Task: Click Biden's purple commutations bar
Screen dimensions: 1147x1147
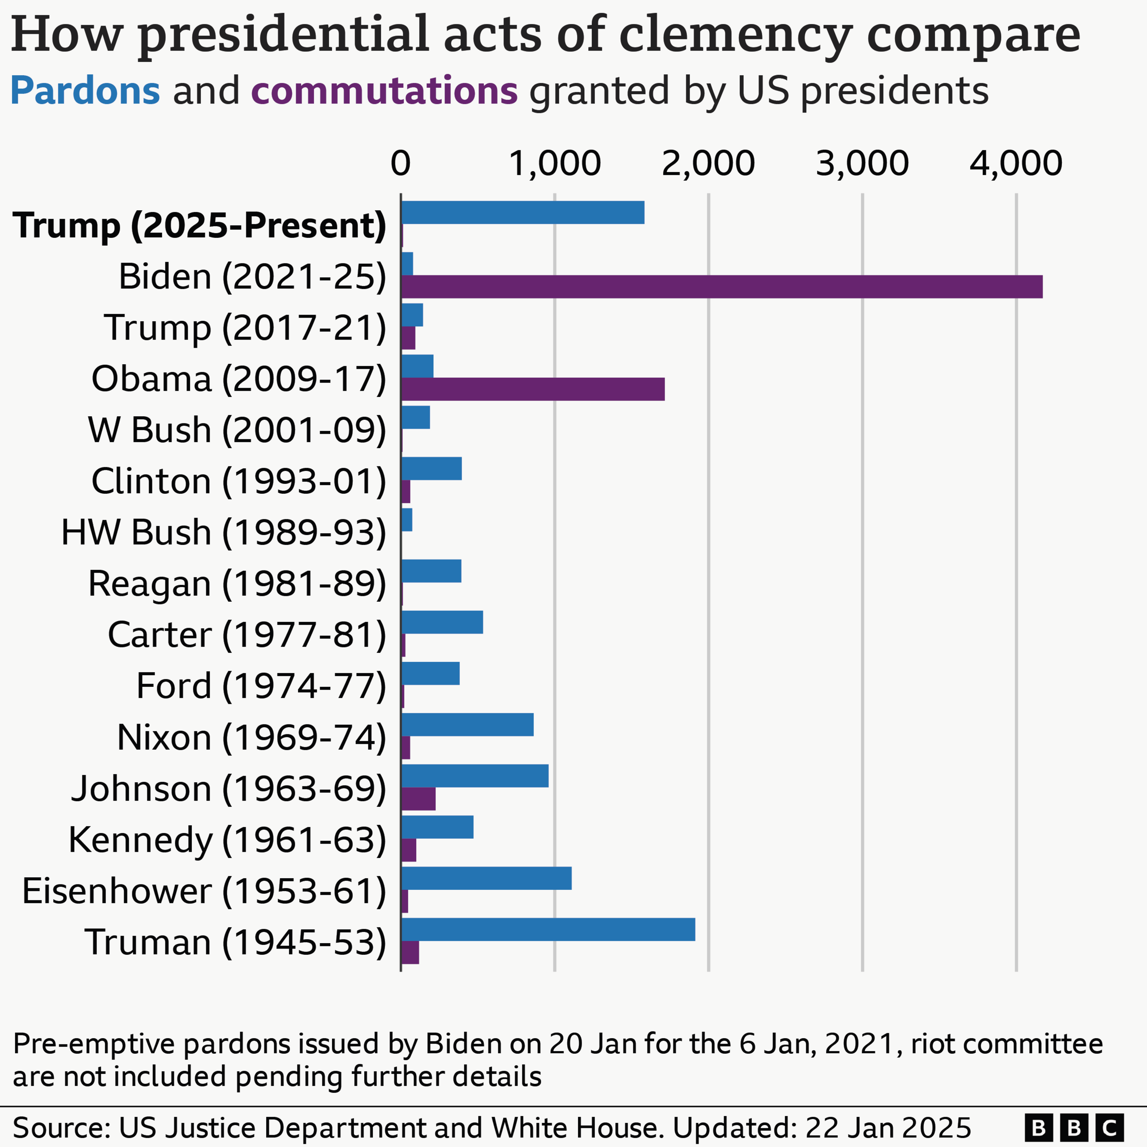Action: [x=721, y=287]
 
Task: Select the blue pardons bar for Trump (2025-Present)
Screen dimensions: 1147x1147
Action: [x=522, y=212]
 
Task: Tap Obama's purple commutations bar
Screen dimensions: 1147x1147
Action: [x=533, y=389]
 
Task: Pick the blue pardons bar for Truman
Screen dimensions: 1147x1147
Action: [x=548, y=929]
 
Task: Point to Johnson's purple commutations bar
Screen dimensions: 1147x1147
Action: [x=418, y=799]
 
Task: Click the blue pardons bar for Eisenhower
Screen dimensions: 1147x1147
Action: [x=486, y=878]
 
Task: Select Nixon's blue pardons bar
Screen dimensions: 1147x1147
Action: [x=467, y=725]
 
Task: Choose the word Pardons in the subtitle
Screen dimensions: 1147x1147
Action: [x=85, y=91]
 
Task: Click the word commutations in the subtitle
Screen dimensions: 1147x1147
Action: [x=384, y=91]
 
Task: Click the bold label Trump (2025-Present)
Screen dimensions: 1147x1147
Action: [x=199, y=226]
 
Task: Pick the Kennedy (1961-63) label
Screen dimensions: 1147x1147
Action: [x=227, y=840]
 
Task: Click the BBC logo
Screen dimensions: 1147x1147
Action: [x=1074, y=1127]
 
